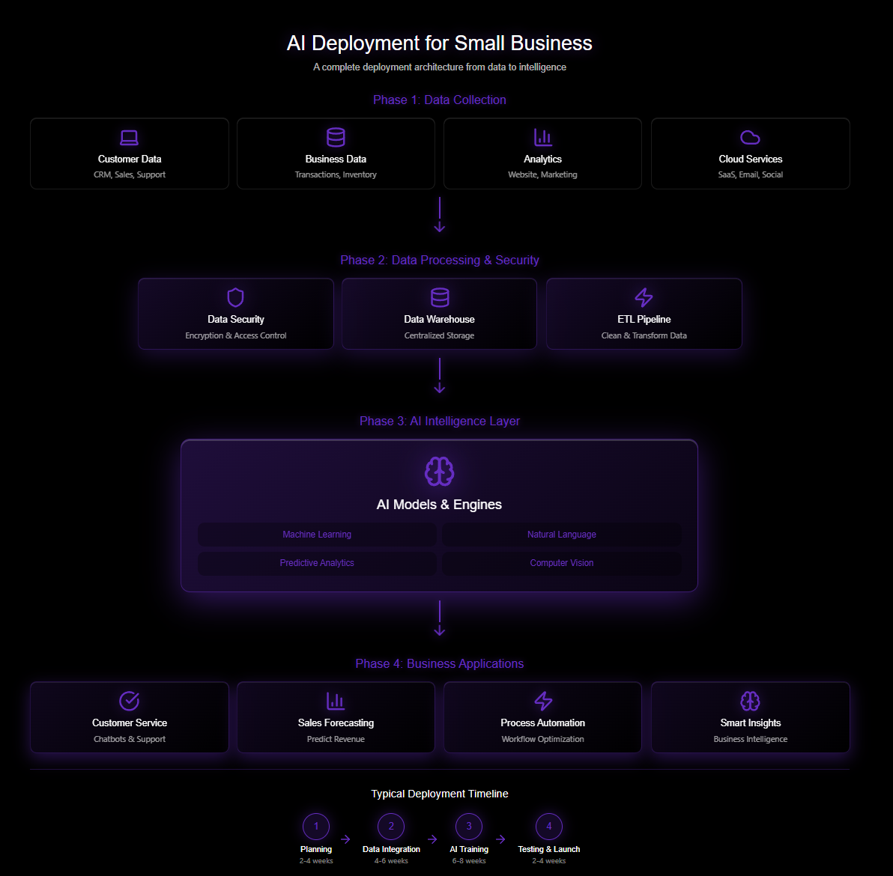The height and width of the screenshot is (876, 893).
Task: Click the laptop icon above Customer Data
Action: point(130,138)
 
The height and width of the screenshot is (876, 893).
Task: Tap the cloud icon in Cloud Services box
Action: point(750,138)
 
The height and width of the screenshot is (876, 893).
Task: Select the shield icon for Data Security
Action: point(235,297)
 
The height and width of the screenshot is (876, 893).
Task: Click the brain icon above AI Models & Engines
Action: point(439,472)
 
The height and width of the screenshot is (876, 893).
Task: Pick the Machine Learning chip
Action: point(317,535)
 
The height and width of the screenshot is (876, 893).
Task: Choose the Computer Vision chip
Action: point(562,563)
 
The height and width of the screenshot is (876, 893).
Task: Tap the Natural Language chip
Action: point(562,535)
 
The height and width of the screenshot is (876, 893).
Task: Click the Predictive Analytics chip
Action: point(317,563)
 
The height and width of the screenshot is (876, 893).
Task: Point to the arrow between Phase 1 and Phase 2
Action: point(440,215)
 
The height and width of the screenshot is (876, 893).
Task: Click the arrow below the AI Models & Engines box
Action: point(440,618)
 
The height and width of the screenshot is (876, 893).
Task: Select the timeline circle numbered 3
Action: point(469,827)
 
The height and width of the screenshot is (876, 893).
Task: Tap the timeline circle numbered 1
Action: point(316,827)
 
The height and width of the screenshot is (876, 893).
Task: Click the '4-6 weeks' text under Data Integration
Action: point(391,861)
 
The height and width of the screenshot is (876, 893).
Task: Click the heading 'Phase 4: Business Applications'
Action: point(440,663)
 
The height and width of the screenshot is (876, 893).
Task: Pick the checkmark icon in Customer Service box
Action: point(130,701)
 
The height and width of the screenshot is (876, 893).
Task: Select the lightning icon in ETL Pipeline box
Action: point(644,297)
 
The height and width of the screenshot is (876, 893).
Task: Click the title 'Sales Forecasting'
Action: point(336,723)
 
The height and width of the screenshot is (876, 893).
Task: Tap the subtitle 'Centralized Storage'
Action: point(439,335)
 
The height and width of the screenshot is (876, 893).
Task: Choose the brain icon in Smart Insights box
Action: point(750,701)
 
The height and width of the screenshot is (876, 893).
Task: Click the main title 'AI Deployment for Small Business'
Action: point(440,43)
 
